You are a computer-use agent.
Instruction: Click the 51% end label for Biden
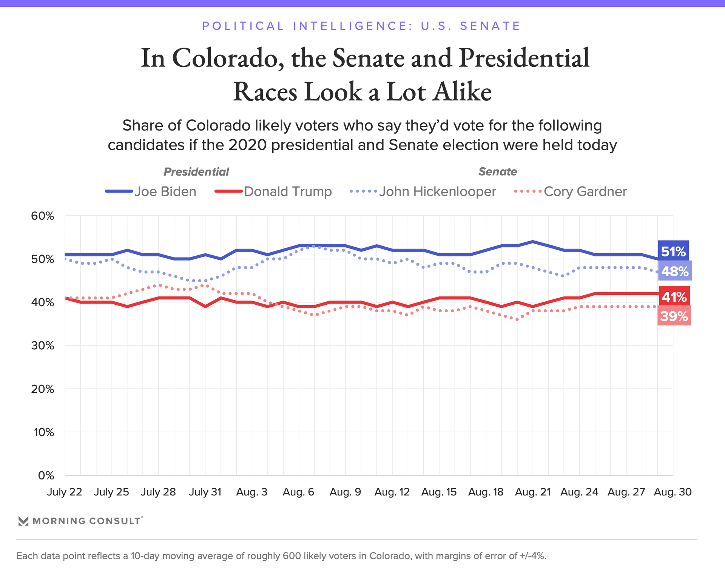click(x=673, y=251)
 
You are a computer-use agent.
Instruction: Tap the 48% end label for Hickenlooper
click(x=675, y=271)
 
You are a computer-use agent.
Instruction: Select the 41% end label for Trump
click(x=674, y=297)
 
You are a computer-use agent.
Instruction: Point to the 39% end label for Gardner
click(x=674, y=316)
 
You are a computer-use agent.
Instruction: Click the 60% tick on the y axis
click(x=42, y=216)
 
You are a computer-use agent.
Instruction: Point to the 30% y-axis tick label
click(x=42, y=346)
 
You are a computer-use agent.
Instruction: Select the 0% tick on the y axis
click(x=46, y=475)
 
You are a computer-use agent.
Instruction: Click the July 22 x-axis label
click(x=65, y=492)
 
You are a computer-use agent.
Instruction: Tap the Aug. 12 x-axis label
click(x=392, y=492)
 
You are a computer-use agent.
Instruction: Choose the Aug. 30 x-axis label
click(x=673, y=492)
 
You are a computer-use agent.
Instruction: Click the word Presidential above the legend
click(x=196, y=172)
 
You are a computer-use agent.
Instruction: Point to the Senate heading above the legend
click(x=497, y=171)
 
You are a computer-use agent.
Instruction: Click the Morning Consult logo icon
click(x=23, y=521)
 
